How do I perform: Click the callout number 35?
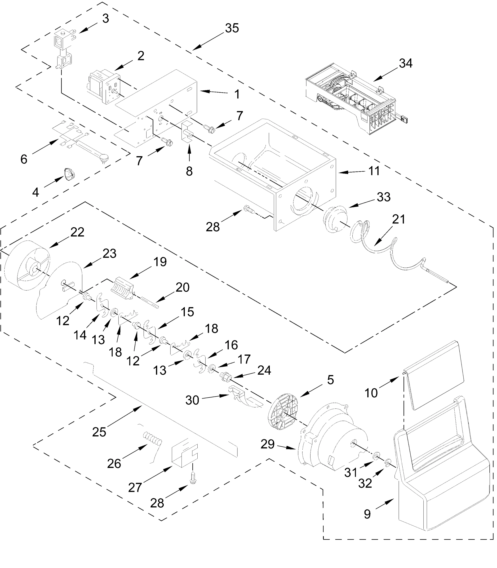click(x=232, y=28)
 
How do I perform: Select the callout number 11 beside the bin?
click(x=374, y=171)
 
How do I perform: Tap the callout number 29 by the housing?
click(x=268, y=444)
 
